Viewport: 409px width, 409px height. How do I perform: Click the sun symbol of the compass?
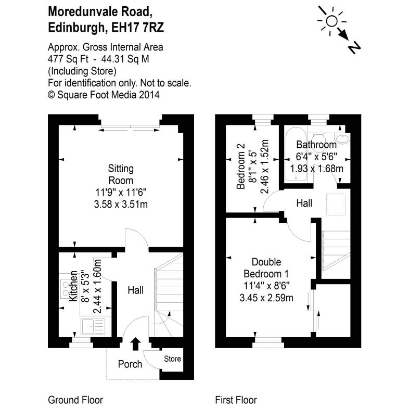coord(331,21)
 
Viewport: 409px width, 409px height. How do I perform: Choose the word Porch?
coord(130,364)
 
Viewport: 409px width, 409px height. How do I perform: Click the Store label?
coord(172,359)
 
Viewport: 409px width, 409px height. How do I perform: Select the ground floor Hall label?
coord(135,290)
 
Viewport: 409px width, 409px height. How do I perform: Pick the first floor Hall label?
coord(304,202)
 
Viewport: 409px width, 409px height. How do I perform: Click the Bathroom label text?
coord(316,145)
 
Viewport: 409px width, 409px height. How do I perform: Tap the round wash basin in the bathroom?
coord(342,139)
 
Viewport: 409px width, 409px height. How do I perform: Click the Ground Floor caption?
coord(75,400)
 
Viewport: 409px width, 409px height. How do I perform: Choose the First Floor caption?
coord(236,400)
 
